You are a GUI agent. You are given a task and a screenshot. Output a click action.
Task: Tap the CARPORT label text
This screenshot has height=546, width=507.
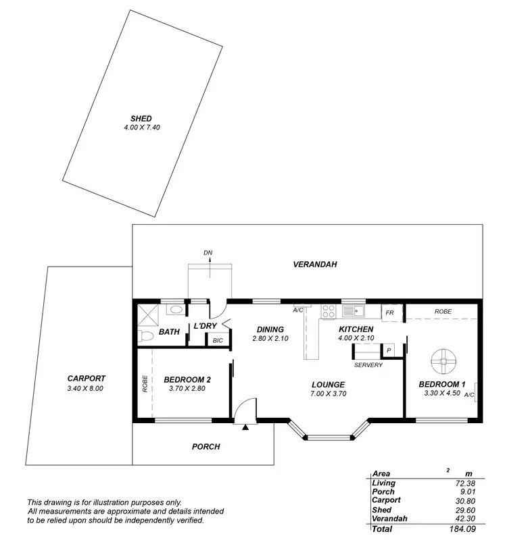click(86, 379)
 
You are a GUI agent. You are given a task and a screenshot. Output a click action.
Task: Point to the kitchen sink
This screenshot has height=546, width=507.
click(353, 311)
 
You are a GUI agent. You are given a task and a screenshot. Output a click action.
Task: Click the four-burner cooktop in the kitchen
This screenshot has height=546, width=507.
click(329, 312)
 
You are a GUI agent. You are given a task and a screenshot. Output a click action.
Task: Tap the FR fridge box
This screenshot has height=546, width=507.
click(390, 313)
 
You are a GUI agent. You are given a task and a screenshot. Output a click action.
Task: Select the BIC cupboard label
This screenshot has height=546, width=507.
click(217, 340)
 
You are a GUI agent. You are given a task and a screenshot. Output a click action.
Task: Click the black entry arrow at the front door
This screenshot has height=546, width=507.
click(246, 427)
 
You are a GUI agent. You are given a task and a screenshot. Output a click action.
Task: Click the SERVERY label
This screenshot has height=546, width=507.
click(368, 365)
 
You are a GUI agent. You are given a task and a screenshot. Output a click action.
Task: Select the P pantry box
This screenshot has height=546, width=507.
click(389, 350)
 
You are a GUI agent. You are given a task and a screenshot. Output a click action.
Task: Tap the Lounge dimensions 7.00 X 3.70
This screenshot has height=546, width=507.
click(328, 393)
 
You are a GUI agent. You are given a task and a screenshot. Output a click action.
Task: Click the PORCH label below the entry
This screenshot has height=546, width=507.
click(206, 446)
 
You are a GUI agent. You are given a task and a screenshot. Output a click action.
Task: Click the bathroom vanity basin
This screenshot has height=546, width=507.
click(175, 310)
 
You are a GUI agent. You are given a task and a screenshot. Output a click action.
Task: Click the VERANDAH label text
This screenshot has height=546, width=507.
click(314, 264)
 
